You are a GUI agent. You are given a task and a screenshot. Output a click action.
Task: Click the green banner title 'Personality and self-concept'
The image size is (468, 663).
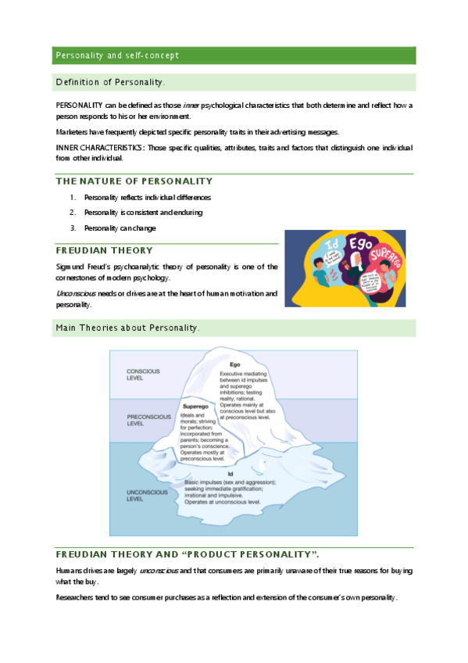(117, 56)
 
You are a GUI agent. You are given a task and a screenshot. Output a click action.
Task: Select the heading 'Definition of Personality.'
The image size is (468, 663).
(110, 82)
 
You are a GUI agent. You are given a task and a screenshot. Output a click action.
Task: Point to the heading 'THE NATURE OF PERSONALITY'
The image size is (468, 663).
(134, 181)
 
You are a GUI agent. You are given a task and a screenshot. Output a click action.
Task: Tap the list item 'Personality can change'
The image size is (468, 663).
(120, 228)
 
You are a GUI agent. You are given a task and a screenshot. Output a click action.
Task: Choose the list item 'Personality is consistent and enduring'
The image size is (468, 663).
(143, 213)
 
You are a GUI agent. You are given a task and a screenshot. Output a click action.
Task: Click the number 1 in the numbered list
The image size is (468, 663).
(72, 198)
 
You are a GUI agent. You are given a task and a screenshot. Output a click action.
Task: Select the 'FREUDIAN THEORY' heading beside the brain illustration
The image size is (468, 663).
(104, 250)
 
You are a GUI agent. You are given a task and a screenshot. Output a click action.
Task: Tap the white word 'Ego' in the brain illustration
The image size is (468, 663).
(360, 243)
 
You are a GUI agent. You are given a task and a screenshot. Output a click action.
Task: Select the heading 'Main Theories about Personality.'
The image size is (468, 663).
(127, 328)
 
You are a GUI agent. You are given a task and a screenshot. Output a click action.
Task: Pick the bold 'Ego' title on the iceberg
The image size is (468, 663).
(234, 365)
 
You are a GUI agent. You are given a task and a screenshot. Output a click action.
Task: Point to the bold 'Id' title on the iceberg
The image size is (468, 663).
(230, 474)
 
